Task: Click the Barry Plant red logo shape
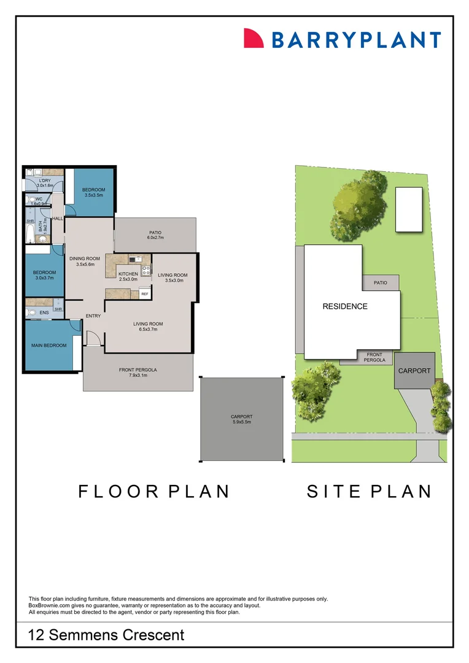(254, 38)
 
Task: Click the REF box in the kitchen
(145, 294)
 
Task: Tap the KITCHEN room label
(128, 276)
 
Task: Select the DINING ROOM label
(85, 262)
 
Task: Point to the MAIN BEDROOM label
(48, 346)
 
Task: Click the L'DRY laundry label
(45, 182)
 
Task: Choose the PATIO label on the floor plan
(155, 235)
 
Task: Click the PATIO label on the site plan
(381, 283)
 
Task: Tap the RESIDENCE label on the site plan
(345, 306)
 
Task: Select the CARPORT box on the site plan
(414, 371)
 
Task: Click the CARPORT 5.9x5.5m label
(241, 419)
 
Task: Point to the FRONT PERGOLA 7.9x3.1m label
(138, 372)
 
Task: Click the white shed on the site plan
(409, 209)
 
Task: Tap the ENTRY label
(93, 316)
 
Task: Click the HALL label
(58, 218)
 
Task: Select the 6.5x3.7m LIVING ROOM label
(149, 327)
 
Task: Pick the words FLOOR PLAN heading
(153, 492)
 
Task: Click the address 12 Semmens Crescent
(106, 635)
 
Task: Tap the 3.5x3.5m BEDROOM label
(94, 192)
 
